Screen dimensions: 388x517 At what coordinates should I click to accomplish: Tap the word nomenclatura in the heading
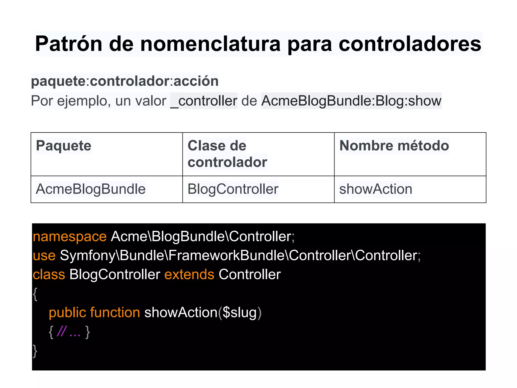click(x=210, y=44)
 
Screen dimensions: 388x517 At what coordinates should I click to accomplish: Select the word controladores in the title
click(x=410, y=44)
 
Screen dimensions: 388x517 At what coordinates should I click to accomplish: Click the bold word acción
click(x=196, y=81)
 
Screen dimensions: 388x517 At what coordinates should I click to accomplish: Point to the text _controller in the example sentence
click(x=204, y=101)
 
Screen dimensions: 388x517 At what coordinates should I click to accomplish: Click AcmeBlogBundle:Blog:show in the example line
click(x=351, y=101)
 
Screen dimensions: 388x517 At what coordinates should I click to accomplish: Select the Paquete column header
click(x=64, y=146)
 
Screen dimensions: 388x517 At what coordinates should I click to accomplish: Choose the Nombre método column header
click(x=394, y=146)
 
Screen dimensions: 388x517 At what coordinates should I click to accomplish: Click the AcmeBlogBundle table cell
click(x=91, y=189)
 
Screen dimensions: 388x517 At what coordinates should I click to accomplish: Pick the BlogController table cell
click(x=233, y=189)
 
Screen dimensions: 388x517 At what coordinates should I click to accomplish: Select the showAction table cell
click(x=376, y=189)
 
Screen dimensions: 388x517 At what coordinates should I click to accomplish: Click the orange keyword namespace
click(x=70, y=237)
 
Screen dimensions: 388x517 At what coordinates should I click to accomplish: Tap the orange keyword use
click(x=44, y=255)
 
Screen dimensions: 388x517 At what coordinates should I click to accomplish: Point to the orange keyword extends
click(x=189, y=274)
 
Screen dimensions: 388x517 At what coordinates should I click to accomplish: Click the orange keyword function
click(x=115, y=312)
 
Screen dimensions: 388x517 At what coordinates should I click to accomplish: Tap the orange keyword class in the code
click(x=49, y=274)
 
